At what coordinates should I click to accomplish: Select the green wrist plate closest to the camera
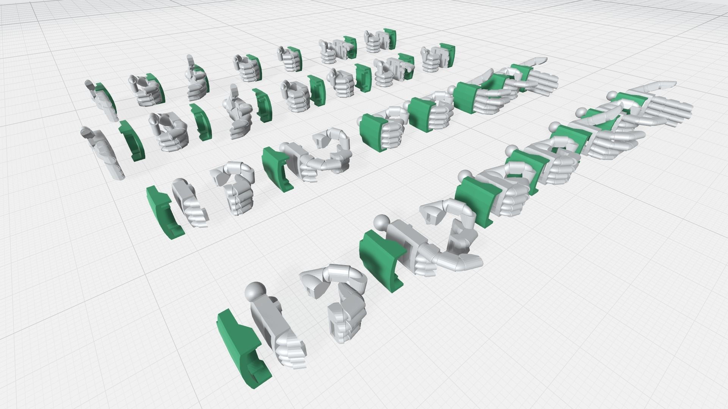pyautogui.click(x=243, y=348)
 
